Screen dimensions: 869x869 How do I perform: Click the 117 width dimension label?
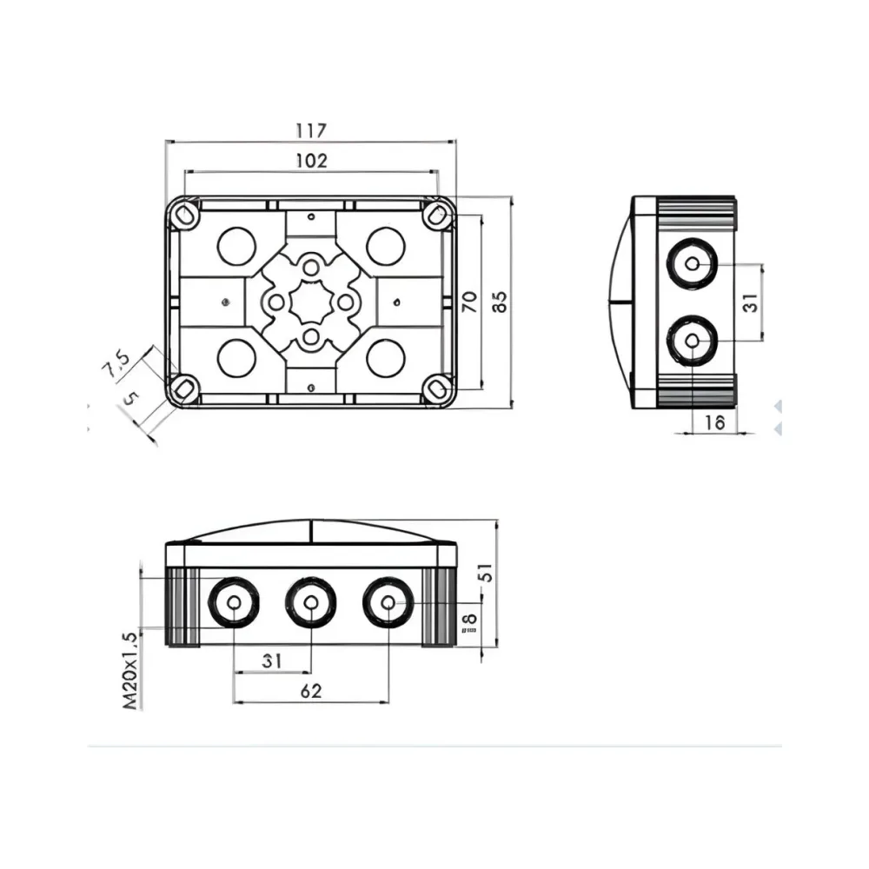310,131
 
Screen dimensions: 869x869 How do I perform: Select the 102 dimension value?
310,161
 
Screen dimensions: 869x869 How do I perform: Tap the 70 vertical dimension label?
468,302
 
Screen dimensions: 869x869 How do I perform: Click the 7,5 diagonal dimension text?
116,364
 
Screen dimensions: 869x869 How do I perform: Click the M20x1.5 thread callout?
130,670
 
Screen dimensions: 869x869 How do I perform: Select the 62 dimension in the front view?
311,691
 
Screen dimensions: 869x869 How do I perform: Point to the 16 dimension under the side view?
713,422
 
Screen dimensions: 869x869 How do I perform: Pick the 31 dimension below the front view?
273,661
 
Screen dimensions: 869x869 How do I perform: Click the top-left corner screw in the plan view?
183,213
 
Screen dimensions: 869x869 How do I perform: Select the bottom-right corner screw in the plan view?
438,388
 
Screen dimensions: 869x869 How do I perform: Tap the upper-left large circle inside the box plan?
236,246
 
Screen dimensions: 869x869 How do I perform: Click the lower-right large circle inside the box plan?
385,357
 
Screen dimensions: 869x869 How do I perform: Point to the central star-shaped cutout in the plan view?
311,302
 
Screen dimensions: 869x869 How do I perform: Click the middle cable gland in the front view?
311,602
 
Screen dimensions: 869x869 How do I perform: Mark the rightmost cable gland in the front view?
388,602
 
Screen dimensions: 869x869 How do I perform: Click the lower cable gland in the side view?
692,340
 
